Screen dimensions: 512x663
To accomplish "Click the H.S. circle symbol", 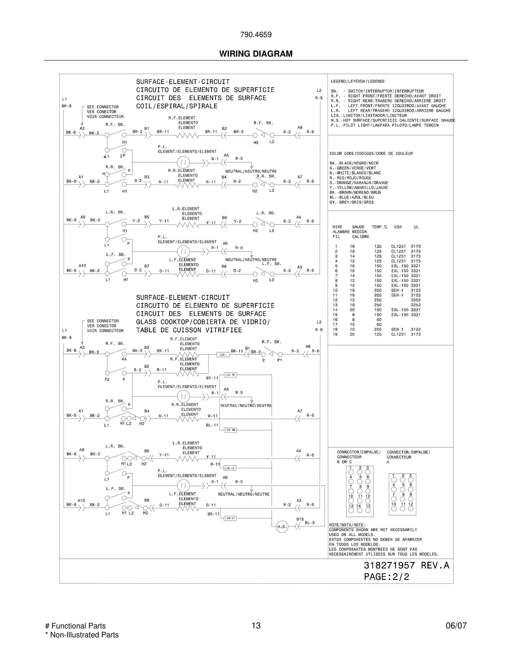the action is pyautogui.click(x=282, y=527).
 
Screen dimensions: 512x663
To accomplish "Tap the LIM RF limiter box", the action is pyautogui.click(x=230, y=375).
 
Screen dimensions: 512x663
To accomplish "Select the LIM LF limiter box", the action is pyautogui.click(x=230, y=518).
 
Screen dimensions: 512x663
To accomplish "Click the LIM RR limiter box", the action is pyautogui.click(x=230, y=430).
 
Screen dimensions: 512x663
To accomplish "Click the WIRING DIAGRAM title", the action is pyautogui.click(x=256, y=54).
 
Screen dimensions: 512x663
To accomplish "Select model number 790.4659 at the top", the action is pyautogui.click(x=256, y=35).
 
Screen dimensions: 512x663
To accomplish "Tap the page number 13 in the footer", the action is pyautogui.click(x=256, y=626).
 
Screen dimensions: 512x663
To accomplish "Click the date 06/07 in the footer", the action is pyautogui.click(x=456, y=626).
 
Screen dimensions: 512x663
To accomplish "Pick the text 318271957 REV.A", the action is pyautogui.click(x=406, y=565).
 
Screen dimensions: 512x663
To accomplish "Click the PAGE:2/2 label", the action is pyautogui.click(x=387, y=577).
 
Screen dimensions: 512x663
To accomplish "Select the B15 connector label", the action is pyautogui.click(x=300, y=519).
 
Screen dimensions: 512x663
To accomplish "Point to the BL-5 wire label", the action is pyautogui.click(x=310, y=523).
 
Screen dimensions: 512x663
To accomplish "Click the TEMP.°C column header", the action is pyautogui.click(x=379, y=227).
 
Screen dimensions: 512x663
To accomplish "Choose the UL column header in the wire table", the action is pyautogui.click(x=416, y=227).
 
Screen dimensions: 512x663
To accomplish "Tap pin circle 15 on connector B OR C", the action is pyautogui.click(x=368, y=510).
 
